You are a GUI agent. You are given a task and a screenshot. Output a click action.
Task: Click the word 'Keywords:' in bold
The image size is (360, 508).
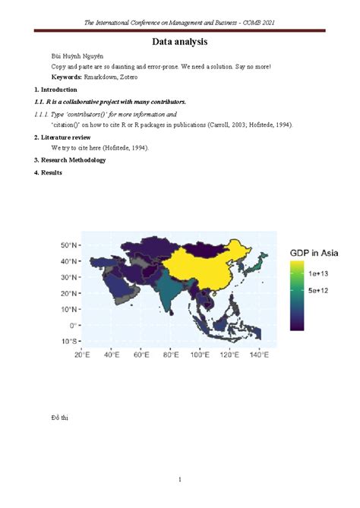click(66, 77)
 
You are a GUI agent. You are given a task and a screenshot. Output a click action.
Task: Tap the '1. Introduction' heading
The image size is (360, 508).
click(55, 90)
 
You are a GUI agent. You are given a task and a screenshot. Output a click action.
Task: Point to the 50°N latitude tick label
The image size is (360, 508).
click(69, 245)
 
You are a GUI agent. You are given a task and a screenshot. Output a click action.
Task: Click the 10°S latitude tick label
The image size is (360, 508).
click(69, 341)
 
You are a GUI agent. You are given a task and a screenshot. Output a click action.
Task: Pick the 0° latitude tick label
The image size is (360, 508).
click(73, 325)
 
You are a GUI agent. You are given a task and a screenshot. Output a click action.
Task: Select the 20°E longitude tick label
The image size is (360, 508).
click(81, 355)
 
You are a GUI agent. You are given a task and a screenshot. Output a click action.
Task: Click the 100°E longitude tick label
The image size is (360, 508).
click(199, 355)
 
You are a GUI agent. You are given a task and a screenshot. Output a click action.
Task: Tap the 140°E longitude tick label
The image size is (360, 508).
click(259, 355)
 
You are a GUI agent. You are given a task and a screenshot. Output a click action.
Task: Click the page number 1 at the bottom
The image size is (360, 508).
click(180, 479)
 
